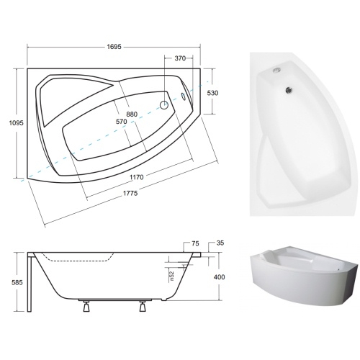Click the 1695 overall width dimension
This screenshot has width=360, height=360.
tap(114, 47)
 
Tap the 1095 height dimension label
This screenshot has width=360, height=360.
tap(17, 123)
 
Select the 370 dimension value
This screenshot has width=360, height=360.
tap(180, 58)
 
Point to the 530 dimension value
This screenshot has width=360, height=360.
tap(212, 93)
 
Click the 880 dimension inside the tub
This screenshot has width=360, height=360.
tap(132, 114)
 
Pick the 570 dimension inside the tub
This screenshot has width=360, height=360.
tap(121, 122)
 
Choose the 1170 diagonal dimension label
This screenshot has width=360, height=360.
tap(137, 177)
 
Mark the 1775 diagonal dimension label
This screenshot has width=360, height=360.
tap(130, 193)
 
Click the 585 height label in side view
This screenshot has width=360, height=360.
tap(17, 282)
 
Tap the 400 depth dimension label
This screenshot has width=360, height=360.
tap(219, 277)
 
